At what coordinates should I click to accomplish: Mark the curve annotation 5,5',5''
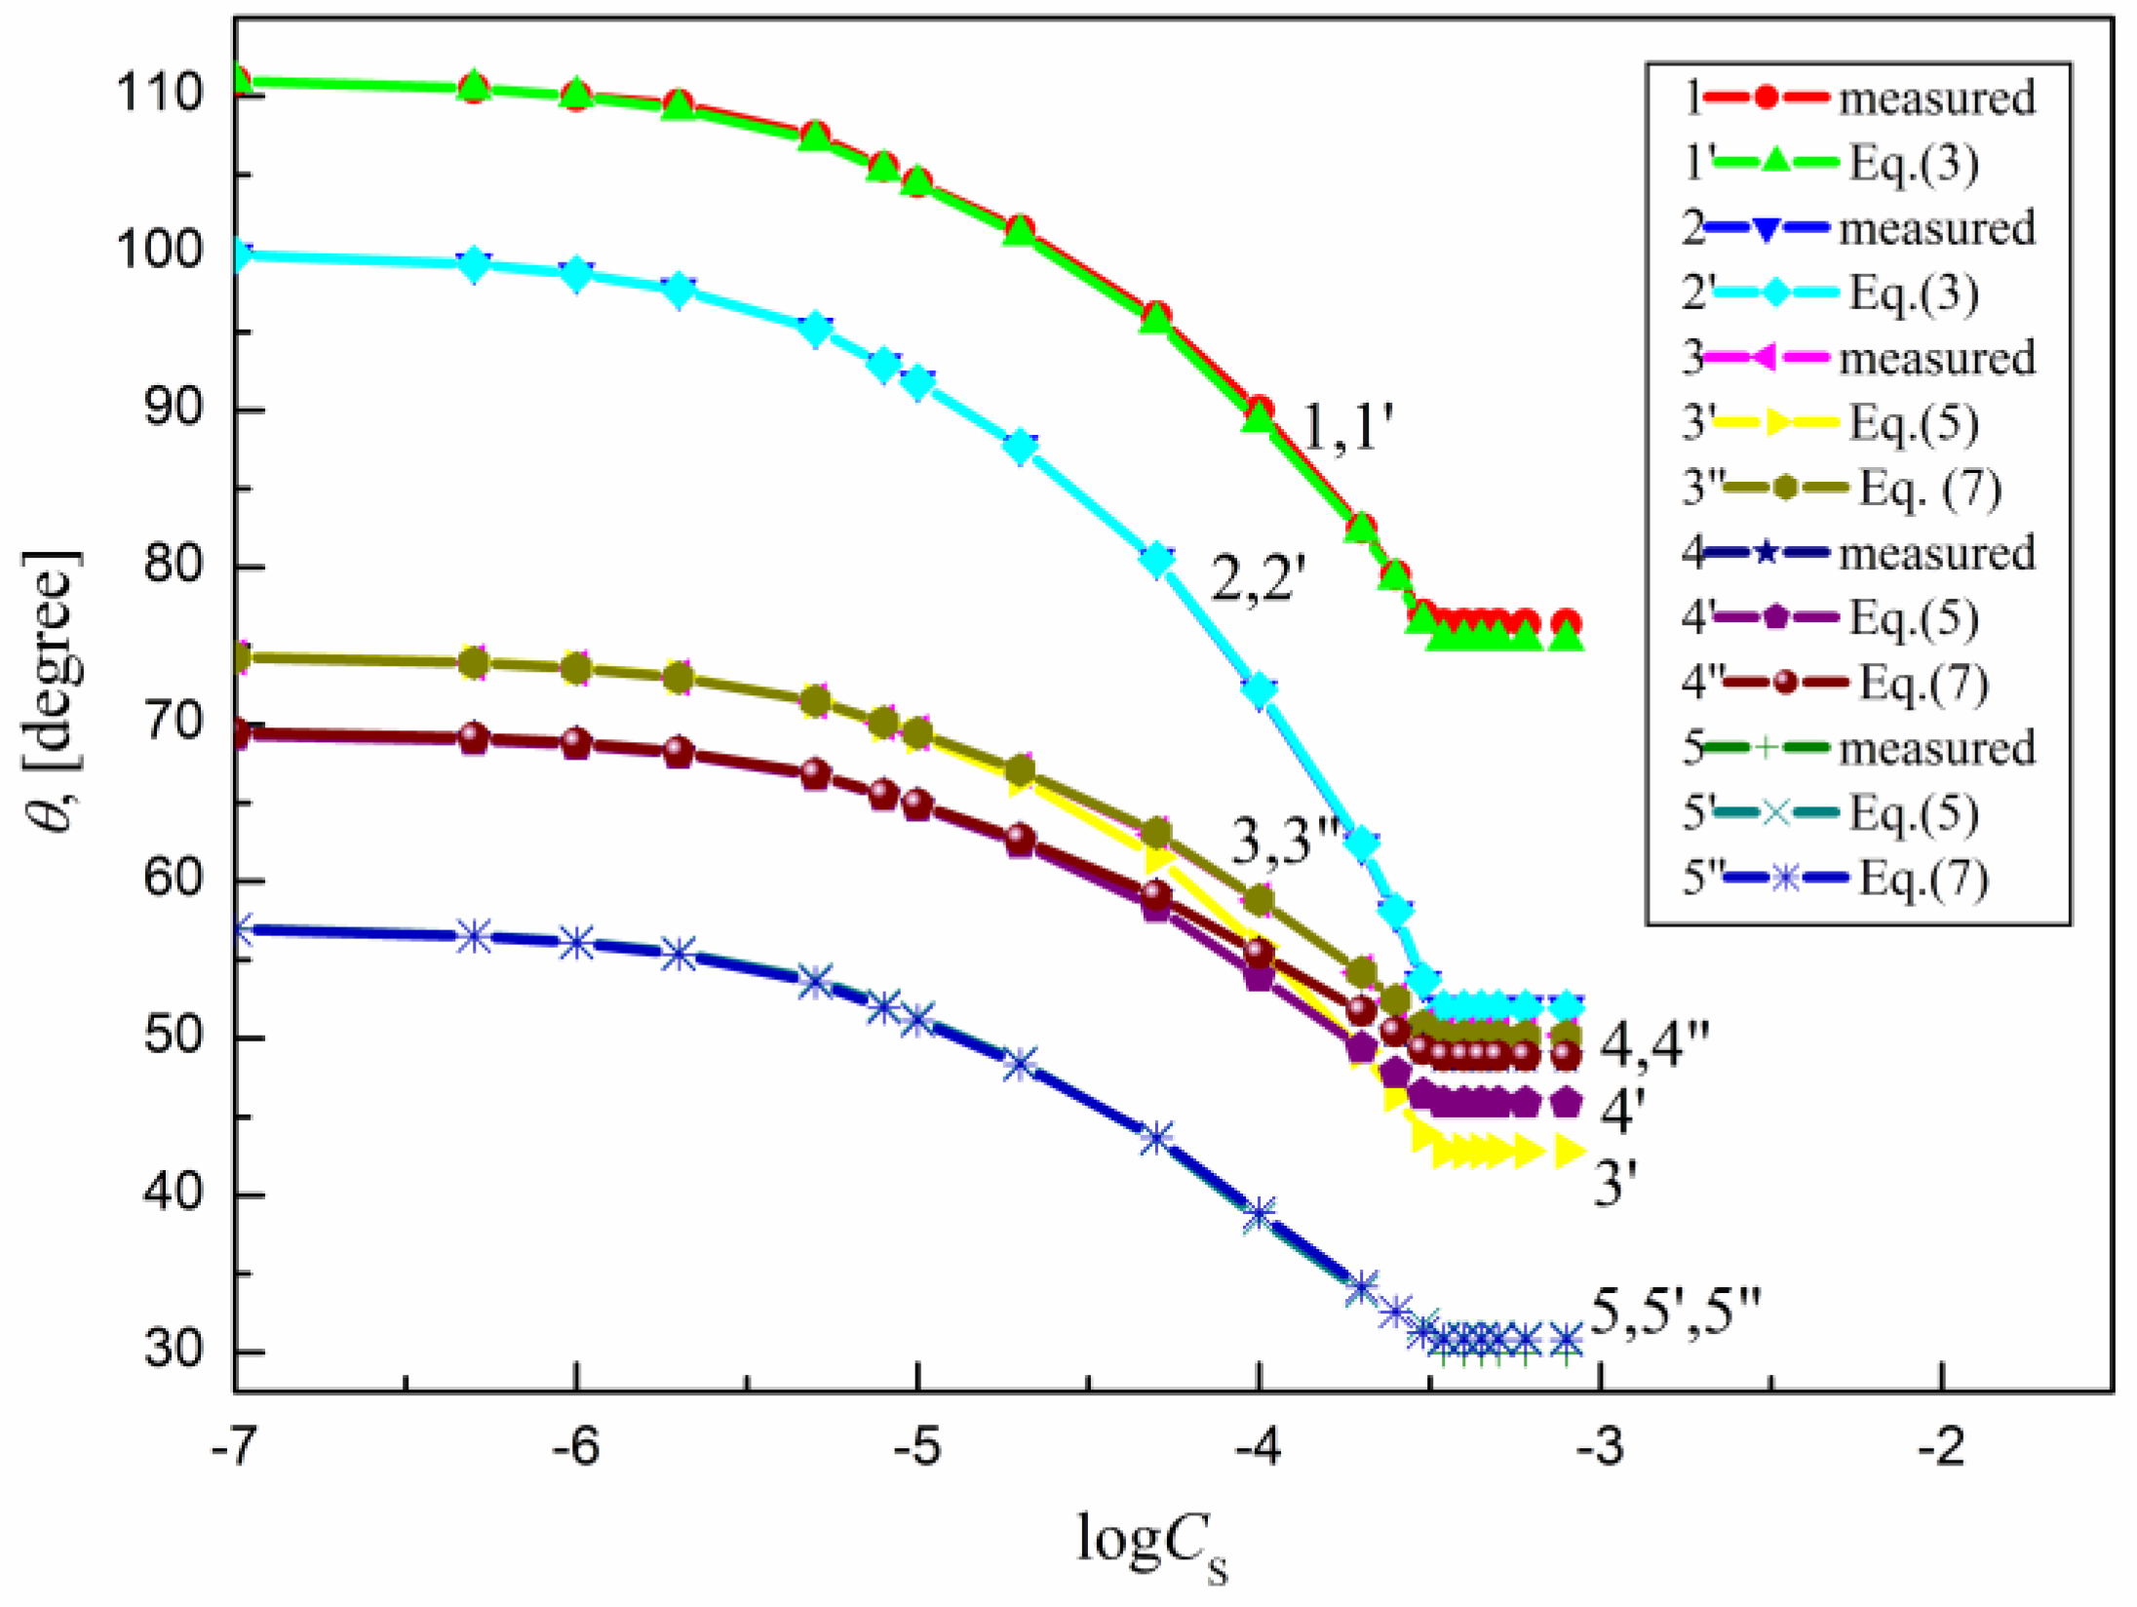1676,1312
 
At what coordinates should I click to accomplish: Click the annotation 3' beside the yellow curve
1614,1185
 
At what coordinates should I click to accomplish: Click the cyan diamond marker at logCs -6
576,274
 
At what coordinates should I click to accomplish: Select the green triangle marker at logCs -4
1259,417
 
